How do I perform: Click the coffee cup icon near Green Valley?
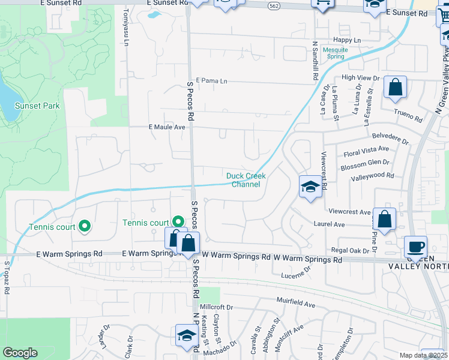click(x=415, y=246)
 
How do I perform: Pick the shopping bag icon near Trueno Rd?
click(x=396, y=88)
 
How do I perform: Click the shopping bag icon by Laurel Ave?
click(x=384, y=219)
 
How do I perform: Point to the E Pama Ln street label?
click(x=212, y=80)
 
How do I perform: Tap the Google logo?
click(x=20, y=353)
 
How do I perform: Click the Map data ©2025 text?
click(x=423, y=355)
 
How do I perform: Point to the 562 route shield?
click(x=274, y=5)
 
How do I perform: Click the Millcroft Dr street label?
click(x=216, y=307)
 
